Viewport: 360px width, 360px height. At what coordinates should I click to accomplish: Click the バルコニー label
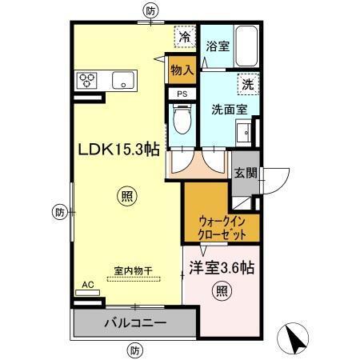point(134,325)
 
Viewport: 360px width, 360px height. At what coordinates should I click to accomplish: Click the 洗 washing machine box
point(247,82)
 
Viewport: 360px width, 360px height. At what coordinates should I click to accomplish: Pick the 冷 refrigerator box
point(184,36)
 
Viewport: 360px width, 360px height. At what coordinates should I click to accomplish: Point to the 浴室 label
point(218,46)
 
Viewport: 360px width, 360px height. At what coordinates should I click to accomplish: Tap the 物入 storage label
point(182,70)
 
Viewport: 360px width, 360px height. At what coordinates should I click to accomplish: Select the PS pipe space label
point(182,93)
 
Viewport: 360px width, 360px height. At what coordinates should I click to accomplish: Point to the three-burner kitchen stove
point(87,79)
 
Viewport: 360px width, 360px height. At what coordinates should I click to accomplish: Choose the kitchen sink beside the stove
point(123,79)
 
